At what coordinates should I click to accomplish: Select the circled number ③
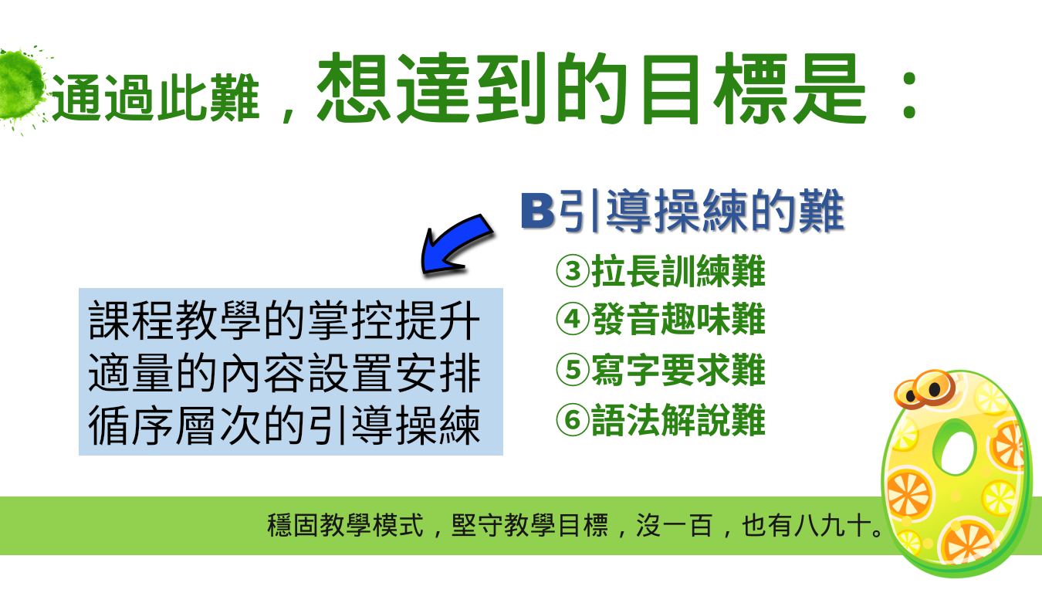pyautogui.click(x=573, y=271)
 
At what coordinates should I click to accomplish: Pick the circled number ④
pyautogui.click(x=573, y=319)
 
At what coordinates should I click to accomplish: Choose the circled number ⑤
pyautogui.click(x=573, y=370)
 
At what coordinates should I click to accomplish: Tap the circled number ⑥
pyautogui.click(x=573, y=420)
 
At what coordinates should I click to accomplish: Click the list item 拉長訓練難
pyautogui.click(x=678, y=271)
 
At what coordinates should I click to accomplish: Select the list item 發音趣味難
pyautogui.click(x=678, y=319)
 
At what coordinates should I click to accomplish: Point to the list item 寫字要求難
pyautogui.click(x=678, y=370)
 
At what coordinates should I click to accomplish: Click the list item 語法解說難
pyautogui.click(x=678, y=420)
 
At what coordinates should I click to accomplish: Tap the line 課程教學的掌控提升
pyautogui.click(x=284, y=320)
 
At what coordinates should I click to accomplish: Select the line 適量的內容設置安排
pyautogui.click(x=284, y=372)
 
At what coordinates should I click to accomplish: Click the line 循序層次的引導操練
pyautogui.click(x=284, y=425)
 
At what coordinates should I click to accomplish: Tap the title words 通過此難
pyautogui.click(x=155, y=98)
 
